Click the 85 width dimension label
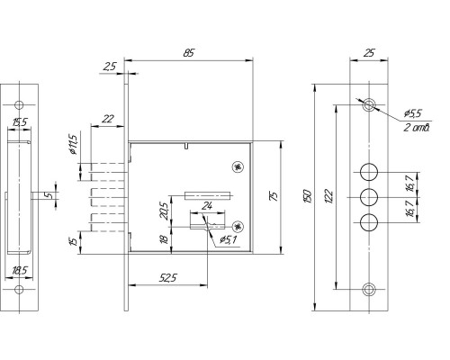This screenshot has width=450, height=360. pyautogui.click(x=189, y=53)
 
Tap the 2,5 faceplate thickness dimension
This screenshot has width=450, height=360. pyautogui.click(x=110, y=67)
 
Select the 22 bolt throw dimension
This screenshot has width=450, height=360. pyautogui.click(x=108, y=119)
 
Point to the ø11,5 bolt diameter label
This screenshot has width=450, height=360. pyautogui.click(x=73, y=144)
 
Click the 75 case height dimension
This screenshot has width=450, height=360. pyautogui.click(x=274, y=195)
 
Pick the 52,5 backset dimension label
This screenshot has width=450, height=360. pyautogui.click(x=168, y=278)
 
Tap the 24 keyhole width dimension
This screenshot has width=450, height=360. pyautogui.click(x=207, y=206)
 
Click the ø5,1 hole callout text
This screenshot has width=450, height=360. pyautogui.click(x=229, y=239)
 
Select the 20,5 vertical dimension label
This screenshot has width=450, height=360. pyautogui.click(x=165, y=211)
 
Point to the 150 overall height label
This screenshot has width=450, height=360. pyautogui.click(x=309, y=196)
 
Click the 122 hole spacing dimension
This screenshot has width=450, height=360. pyautogui.click(x=328, y=196)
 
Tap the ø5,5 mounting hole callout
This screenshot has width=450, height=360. pyautogui.click(x=413, y=113)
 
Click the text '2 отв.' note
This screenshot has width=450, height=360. pyautogui.click(x=417, y=128)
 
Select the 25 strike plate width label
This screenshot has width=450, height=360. pyautogui.click(x=369, y=53)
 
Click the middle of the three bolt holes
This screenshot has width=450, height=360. pyautogui.click(x=369, y=197)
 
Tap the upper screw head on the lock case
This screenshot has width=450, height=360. pyautogui.click(x=238, y=167)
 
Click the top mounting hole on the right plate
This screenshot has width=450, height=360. pyautogui.click(x=369, y=105)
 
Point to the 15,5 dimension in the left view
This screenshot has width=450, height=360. pyautogui.click(x=20, y=122)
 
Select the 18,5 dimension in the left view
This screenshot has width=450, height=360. pyautogui.click(x=19, y=271)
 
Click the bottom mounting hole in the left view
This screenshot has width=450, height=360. pyautogui.click(x=19, y=290)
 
